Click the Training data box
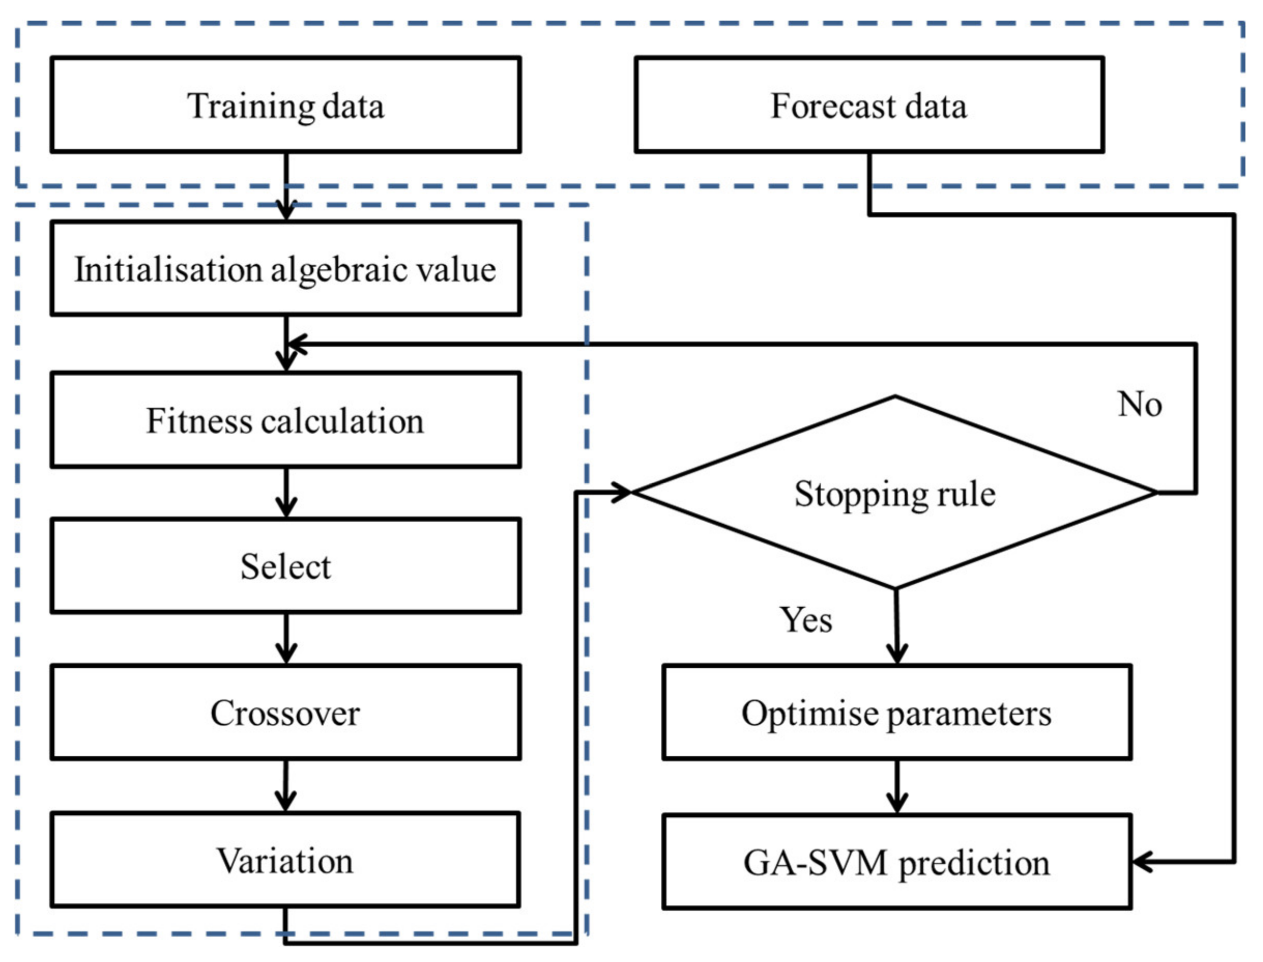285,104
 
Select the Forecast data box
869,104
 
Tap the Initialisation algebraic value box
285,268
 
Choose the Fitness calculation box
285,420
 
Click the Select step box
285,566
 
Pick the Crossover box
285,712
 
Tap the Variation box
285,859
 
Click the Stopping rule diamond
895,493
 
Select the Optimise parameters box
897,712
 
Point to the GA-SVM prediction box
897,861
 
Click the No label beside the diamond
1139,404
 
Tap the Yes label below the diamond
806,620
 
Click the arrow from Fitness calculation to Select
286,493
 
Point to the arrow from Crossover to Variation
286,786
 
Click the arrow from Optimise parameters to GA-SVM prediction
897,787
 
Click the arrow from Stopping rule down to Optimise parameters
896,626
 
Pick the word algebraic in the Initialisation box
334,270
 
